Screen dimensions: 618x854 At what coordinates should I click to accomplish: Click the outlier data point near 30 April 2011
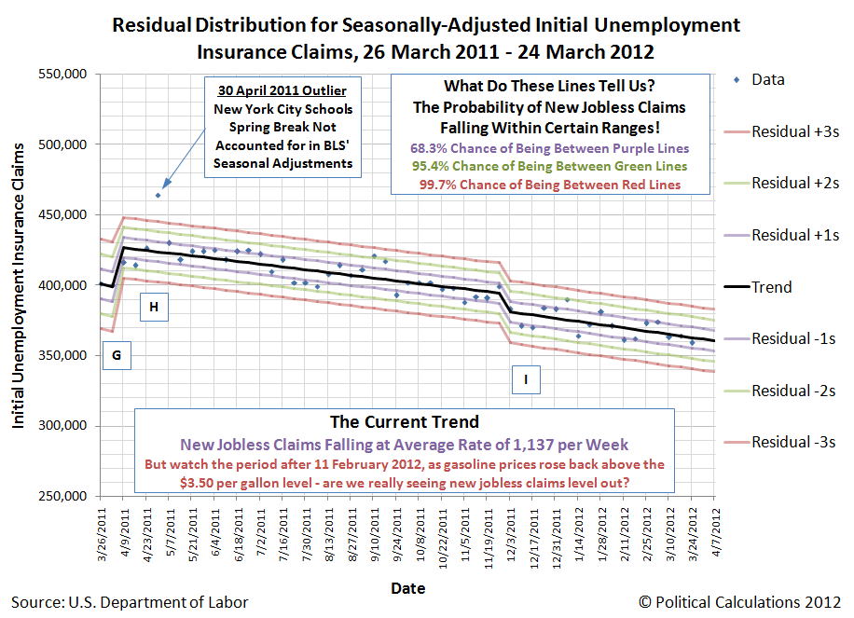(158, 195)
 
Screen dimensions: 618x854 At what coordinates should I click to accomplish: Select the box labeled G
(117, 355)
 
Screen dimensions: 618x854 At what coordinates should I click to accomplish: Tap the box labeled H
(154, 307)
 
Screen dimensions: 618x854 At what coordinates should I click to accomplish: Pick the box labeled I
(527, 378)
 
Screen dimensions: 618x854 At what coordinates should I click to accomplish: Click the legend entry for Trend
(771, 287)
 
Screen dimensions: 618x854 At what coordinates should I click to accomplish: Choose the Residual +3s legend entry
(794, 131)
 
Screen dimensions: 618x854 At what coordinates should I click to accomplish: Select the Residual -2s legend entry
(792, 391)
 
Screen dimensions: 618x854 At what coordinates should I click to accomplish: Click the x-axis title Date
(407, 588)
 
